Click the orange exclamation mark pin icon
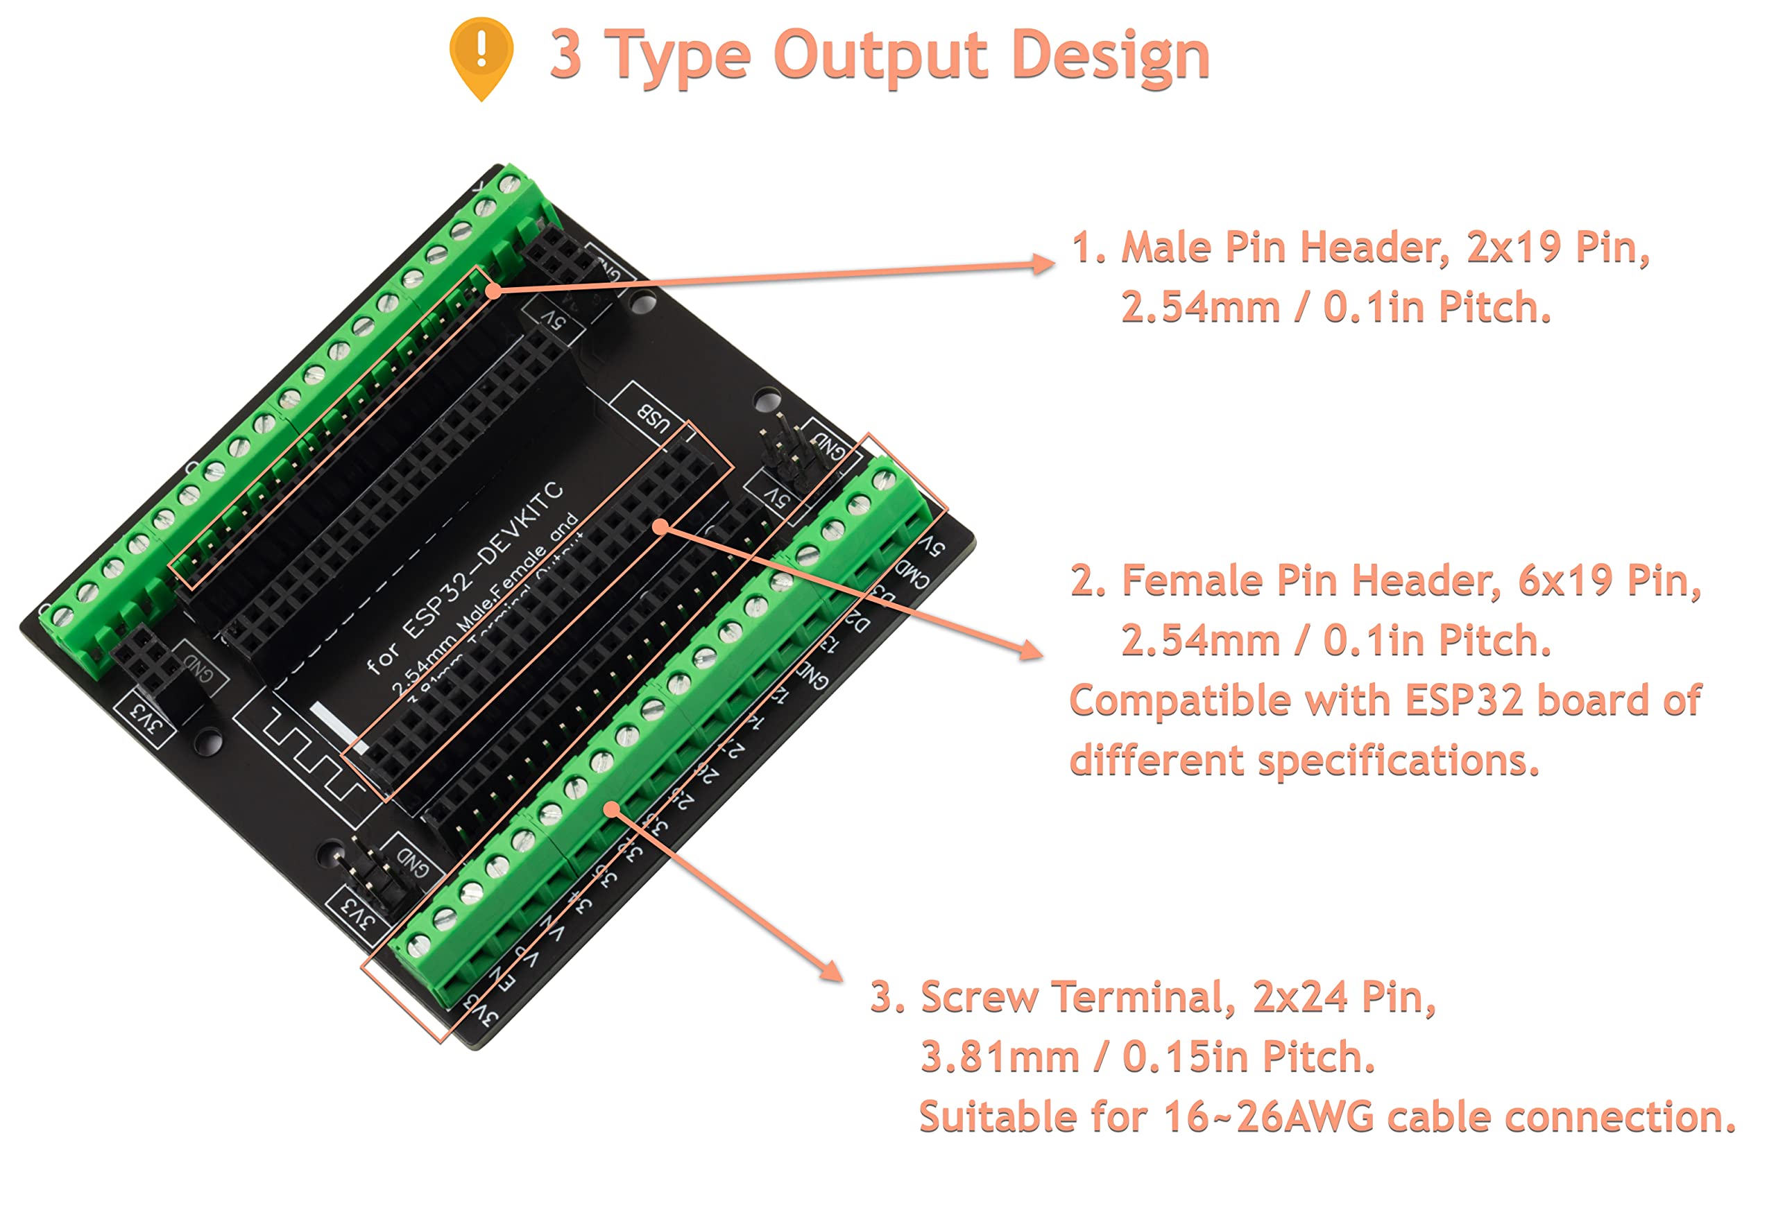(481, 55)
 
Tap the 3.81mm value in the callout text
(1000, 1058)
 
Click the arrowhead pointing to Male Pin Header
(1044, 264)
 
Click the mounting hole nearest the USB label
(765, 399)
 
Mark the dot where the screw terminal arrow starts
(611, 809)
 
